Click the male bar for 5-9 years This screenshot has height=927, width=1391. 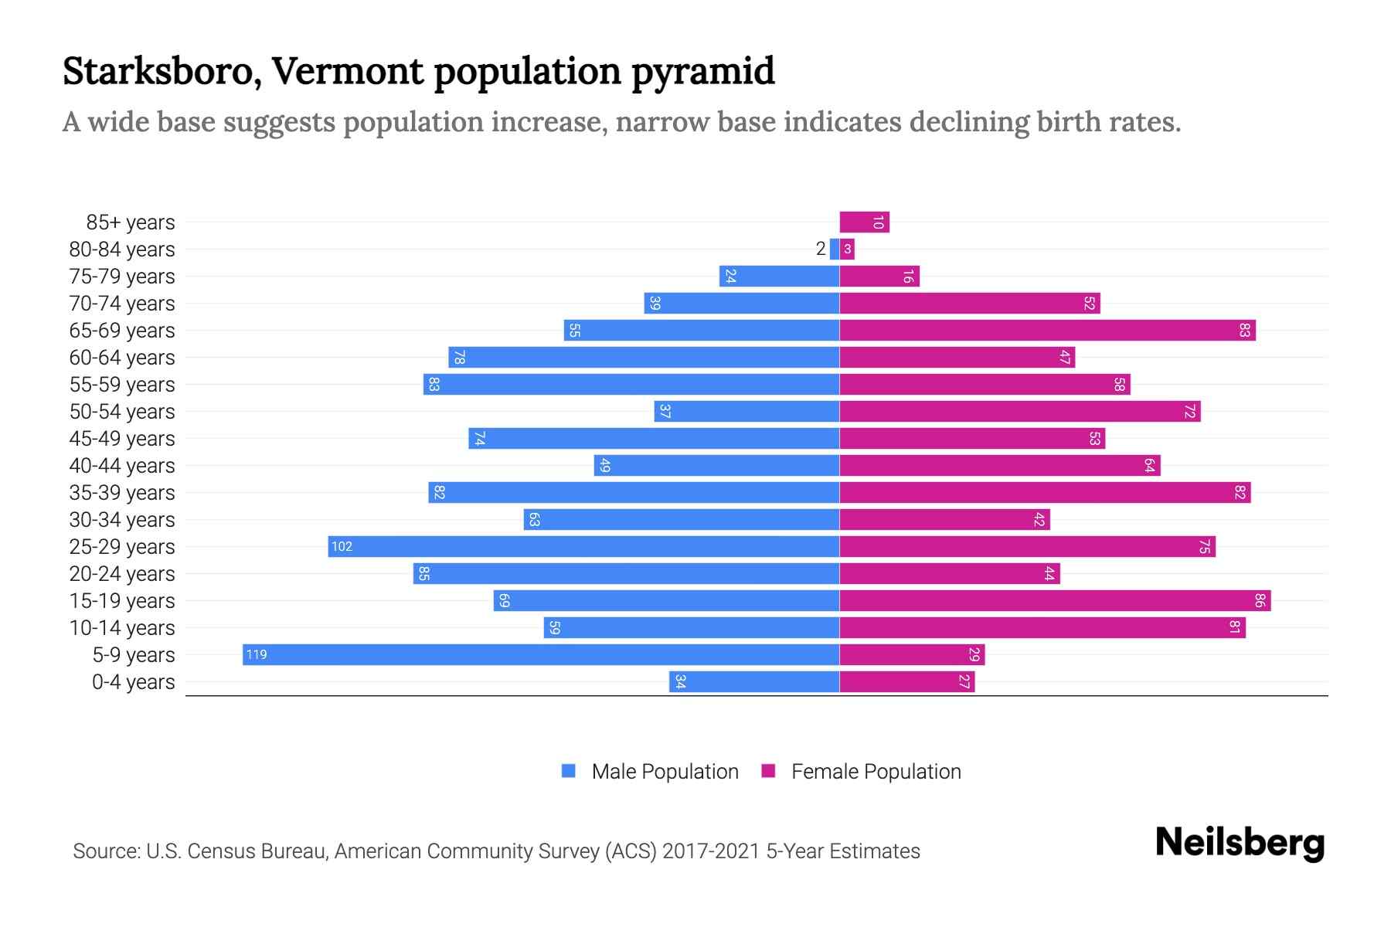click(541, 654)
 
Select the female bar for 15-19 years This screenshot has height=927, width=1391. click(1055, 600)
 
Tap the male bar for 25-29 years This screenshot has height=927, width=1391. click(583, 546)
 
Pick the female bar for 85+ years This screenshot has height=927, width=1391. click(864, 222)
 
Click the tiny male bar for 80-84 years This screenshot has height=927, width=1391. click(835, 250)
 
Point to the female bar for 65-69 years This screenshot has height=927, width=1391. click(1047, 331)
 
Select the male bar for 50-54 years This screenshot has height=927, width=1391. click(747, 412)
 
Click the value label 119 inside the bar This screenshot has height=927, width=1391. click(256, 655)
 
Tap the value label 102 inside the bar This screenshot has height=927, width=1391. click(342, 547)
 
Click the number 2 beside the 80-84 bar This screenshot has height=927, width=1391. click(821, 250)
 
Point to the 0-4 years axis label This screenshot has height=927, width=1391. click(133, 682)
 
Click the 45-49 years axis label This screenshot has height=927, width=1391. click(122, 439)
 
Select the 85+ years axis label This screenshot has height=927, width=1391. click(131, 222)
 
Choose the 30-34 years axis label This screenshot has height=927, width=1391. click(122, 520)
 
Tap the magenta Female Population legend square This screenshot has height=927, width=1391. click(768, 771)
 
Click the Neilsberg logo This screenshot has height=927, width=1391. click(1240, 843)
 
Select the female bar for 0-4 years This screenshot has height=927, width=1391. click(907, 682)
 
